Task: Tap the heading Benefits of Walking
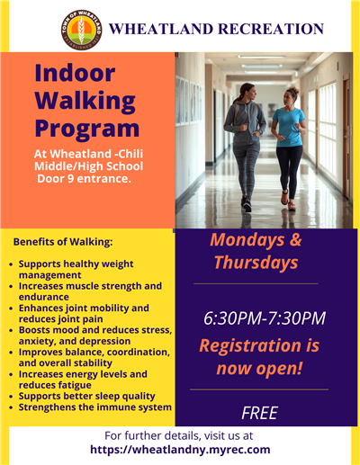coord(62,242)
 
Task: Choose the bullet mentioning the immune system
coord(94,407)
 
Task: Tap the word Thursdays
coord(256,263)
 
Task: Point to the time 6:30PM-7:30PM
coord(264,317)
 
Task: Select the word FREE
coord(259,414)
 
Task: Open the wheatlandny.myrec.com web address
coord(180,450)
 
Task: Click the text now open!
coord(260,369)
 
